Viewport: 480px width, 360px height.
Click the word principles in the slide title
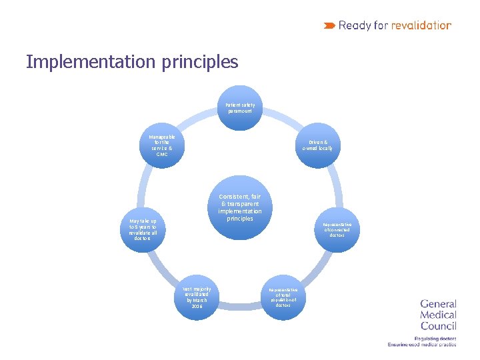click(199, 62)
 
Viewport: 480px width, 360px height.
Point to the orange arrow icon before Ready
click(329, 25)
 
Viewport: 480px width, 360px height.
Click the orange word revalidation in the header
click(421, 25)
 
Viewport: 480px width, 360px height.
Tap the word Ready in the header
click(355, 25)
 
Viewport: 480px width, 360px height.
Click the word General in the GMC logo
click(438, 304)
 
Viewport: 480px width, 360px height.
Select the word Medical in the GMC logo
click(438, 315)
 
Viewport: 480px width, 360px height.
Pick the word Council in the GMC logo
click(438, 325)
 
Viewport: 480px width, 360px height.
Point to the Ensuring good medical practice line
click(422, 345)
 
